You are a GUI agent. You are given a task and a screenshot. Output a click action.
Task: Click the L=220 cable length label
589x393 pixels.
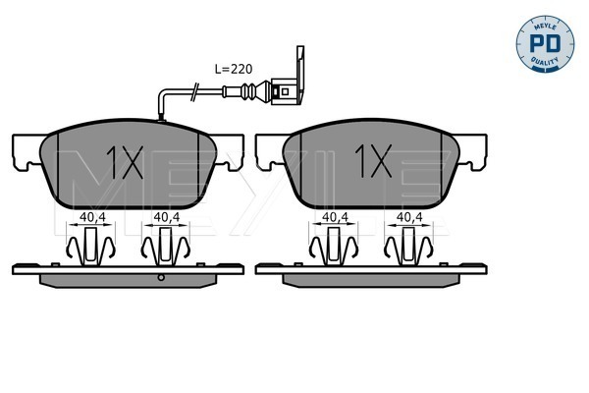pyautogui.click(x=234, y=69)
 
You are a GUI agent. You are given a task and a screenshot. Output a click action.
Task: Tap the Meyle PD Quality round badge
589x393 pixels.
pyautogui.click(x=545, y=43)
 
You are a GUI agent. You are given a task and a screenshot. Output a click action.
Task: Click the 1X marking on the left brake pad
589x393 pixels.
pyautogui.click(x=125, y=162)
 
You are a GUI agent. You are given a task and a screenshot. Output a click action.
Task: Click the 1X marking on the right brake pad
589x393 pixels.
pyautogui.click(x=373, y=160)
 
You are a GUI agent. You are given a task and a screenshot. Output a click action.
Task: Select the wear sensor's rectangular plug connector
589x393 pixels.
pyautogui.click(x=285, y=91)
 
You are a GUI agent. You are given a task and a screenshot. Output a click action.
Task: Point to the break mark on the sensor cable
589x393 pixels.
pyautogui.click(x=194, y=92)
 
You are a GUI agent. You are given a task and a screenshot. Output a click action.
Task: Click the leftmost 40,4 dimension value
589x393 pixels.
pyautogui.click(x=92, y=217)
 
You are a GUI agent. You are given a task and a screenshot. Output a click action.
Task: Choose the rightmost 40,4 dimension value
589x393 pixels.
pyautogui.click(x=409, y=217)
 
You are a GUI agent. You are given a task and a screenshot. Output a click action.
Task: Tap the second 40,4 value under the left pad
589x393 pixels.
pyautogui.click(x=167, y=217)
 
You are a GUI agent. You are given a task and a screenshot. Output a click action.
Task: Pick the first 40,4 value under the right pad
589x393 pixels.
pyautogui.click(x=336, y=217)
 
